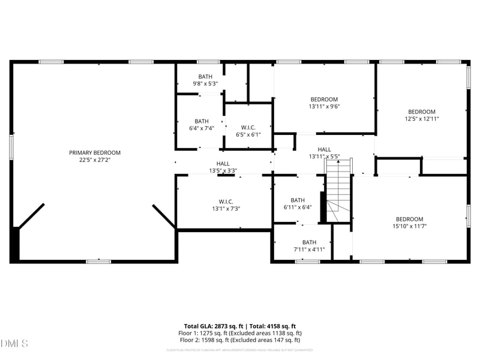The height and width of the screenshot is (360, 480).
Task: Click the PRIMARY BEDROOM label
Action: (x=95, y=152)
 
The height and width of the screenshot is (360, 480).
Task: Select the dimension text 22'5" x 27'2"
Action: (x=95, y=160)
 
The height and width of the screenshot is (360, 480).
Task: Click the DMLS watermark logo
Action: (x=14, y=344)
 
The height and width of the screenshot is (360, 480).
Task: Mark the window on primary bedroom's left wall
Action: (x=11, y=147)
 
